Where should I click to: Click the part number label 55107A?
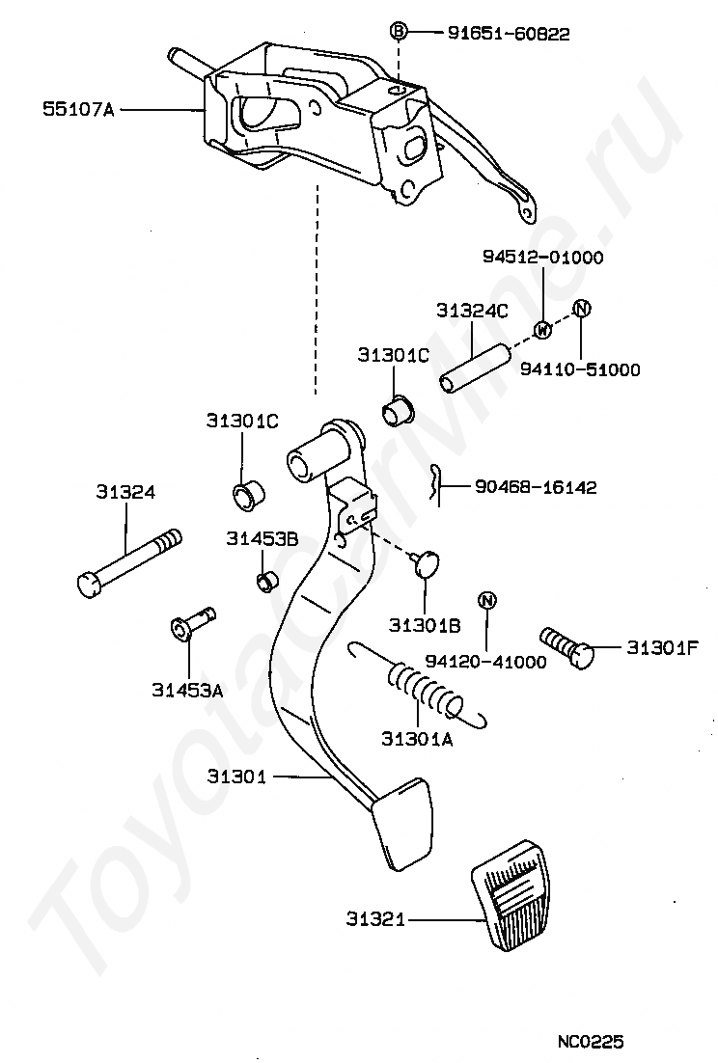78,110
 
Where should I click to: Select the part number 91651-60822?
509,34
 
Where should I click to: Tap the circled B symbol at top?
398,32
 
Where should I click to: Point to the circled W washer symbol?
542,329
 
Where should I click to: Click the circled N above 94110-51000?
581,309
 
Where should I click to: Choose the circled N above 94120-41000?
487,600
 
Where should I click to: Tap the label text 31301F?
662,648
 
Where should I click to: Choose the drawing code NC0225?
590,1041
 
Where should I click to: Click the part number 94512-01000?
542,258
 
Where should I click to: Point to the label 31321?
376,920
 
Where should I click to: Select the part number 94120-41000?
485,662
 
